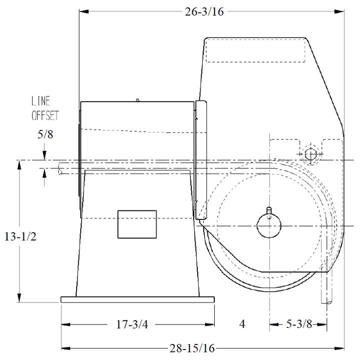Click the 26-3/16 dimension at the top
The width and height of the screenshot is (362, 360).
tap(204, 11)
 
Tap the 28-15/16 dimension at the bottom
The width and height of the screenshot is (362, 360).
tap(192, 348)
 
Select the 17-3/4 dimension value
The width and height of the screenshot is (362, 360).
tap(132, 324)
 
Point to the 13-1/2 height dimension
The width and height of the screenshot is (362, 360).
tap(21, 236)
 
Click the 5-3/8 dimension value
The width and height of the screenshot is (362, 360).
tap(299, 324)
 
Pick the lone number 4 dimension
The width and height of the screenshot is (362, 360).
tap(242, 324)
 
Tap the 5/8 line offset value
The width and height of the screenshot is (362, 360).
tap(45, 134)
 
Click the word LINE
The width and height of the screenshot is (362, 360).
tap(41, 101)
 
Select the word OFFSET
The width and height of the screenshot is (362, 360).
tap(45, 115)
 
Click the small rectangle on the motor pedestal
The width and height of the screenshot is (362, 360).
tap(137, 224)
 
